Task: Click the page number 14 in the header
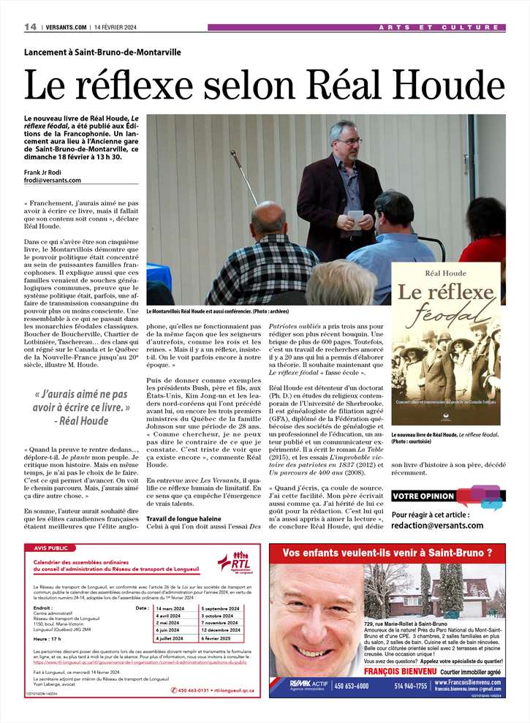(30, 27)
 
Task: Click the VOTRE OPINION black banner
(423, 496)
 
